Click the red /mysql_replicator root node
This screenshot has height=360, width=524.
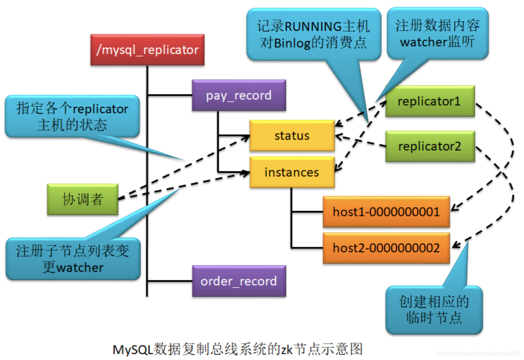(x=147, y=50)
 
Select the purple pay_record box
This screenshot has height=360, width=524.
(x=239, y=95)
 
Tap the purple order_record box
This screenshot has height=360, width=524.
(x=239, y=281)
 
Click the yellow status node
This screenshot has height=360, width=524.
(x=292, y=136)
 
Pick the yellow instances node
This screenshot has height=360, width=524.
(x=292, y=172)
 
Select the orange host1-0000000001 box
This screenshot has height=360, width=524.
(x=386, y=212)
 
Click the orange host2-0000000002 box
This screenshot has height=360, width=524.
(x=386, y=248)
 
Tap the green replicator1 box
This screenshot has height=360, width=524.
(x=430, y=101)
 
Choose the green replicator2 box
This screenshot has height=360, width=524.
(x=430, y=146)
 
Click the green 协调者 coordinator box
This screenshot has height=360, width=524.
(x=83, y=199)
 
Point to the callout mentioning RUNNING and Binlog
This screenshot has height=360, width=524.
(x=313, y=35)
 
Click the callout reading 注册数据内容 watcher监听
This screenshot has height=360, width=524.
(x=437, y=33)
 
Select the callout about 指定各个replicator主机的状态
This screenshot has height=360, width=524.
(x=72, y=117)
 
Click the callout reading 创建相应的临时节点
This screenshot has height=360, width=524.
(x=434, y=310)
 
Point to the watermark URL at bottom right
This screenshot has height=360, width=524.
(x=478, y=354)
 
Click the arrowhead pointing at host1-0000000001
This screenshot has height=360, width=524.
(x=454, y=207)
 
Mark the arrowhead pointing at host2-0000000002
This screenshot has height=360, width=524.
(x=456, y=246)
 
